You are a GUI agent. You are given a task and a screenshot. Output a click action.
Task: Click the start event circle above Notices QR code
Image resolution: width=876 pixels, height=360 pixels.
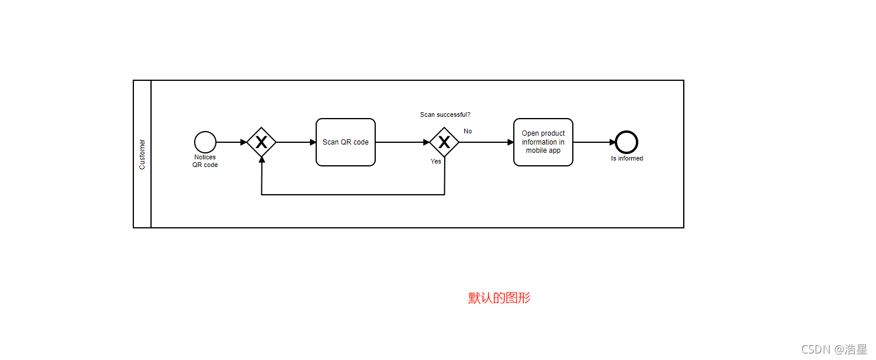click(205, 142)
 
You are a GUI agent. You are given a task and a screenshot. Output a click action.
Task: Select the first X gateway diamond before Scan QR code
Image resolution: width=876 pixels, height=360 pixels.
click(261, 142)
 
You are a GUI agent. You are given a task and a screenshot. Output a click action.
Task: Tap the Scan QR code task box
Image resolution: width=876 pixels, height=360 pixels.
click(346, 142)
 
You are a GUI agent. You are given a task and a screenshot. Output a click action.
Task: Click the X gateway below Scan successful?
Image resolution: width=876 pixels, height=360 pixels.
click(444, 142)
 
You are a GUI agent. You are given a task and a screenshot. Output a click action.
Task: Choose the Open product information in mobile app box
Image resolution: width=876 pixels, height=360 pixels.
click(543, 142)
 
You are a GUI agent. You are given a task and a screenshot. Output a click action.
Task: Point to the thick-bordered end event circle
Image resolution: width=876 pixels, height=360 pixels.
click(626, 142)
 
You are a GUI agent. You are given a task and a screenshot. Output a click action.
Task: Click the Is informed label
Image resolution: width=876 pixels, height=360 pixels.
click(627, 158)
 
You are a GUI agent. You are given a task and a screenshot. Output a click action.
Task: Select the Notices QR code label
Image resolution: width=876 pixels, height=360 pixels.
click(205, 161)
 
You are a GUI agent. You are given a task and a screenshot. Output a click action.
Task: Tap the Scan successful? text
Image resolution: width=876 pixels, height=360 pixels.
click(445, 114)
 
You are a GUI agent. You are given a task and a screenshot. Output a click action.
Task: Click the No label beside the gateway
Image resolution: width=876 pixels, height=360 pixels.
click(468, 131)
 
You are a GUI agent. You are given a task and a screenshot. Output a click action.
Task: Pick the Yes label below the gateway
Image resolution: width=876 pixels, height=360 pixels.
click(436, 161)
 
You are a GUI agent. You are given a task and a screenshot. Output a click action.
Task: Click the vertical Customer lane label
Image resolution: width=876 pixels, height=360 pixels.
click(142, 154)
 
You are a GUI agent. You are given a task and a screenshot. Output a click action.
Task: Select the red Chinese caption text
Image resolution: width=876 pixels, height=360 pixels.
click(499, 298)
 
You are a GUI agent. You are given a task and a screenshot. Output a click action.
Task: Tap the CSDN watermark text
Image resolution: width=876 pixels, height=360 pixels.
click(834, 349)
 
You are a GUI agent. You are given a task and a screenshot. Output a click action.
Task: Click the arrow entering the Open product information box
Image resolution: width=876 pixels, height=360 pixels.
click(487, 142)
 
